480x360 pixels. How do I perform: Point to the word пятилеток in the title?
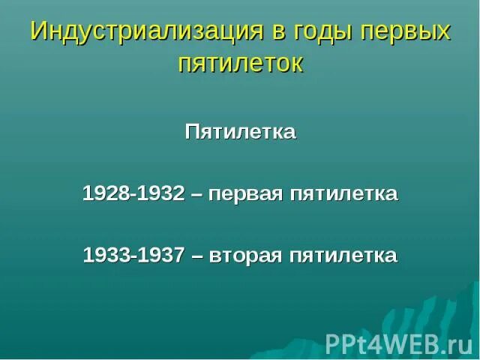tap(240, 63)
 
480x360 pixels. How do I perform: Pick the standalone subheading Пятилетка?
tap(240, 133)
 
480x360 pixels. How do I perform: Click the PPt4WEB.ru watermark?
tap(398, 343)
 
